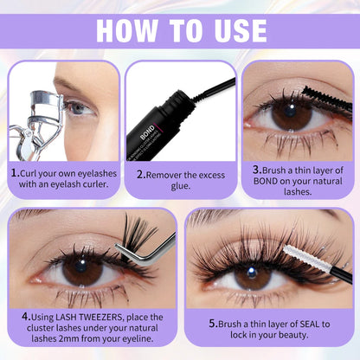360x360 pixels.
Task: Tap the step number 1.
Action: tap(16, 173)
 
